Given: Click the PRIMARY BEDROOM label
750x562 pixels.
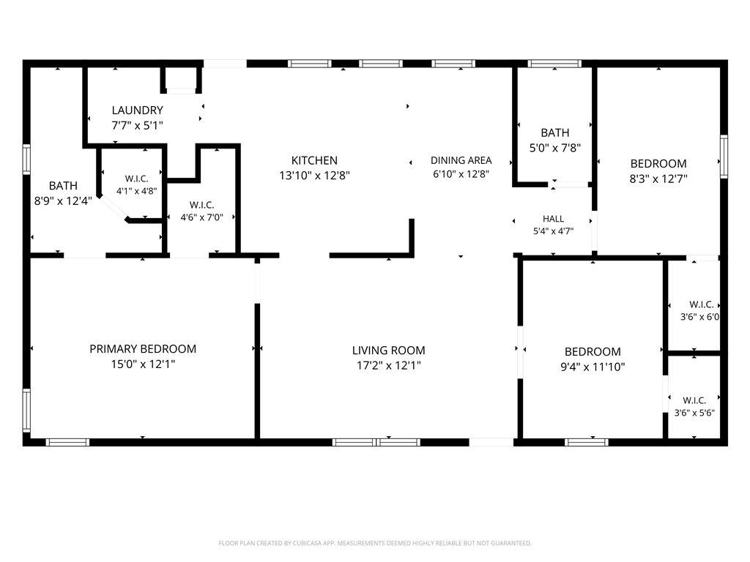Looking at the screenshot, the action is point(143,349).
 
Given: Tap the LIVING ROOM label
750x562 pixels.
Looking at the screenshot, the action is point(388,351).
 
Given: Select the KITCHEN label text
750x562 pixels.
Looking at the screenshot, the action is point(314,160).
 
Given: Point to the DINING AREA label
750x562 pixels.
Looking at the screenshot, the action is point(461,160).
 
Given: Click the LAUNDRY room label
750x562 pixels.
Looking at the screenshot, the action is point(137,110).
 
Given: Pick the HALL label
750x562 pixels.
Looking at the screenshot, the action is point(553,219).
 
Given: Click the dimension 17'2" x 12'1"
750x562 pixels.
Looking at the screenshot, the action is point(388,366).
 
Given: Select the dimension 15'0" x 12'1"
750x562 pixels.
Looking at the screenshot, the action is point(143,364).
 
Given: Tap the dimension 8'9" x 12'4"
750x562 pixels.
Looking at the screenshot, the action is point(63,201).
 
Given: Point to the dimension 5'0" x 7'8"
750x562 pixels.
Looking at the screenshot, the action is point(555,148).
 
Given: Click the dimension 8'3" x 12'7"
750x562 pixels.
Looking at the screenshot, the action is point(658,179).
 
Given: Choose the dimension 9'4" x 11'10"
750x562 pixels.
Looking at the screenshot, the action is point(593,367).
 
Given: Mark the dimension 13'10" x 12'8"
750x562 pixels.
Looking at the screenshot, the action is point(314,176).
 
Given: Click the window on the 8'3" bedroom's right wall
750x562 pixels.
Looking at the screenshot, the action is point(724,157).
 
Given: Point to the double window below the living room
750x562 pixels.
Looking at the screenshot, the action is point(376,442).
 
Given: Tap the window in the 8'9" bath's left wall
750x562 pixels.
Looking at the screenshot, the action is point(26,159).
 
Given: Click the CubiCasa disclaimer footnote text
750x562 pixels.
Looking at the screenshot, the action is point(375,543).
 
